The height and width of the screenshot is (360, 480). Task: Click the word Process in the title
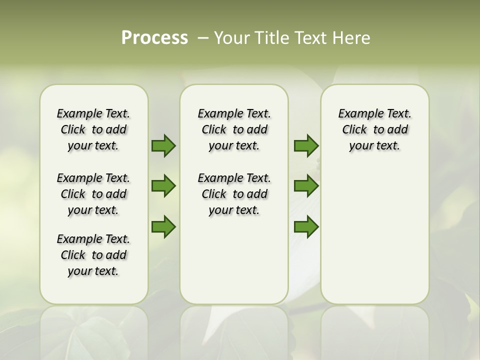coord(154,37)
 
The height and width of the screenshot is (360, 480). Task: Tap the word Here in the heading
coord(351,37)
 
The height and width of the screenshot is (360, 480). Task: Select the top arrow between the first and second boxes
coord(163,146)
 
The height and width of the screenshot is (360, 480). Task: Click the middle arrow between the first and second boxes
coord(163,186)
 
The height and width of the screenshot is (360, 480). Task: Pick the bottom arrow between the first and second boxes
coord(163,226)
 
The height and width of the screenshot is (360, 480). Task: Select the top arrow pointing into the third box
coord(306,146)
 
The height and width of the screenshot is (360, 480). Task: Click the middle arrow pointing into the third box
coord(306,186)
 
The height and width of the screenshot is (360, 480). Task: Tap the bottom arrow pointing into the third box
coord(306,226)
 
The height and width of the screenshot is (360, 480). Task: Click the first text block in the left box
coord(93,129)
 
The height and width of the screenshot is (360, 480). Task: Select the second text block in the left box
coord(93,194)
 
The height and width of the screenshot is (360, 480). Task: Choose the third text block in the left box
coord(93,255)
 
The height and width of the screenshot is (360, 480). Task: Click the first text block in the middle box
coord(234,129)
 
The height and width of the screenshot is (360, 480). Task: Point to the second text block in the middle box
coord(234,194)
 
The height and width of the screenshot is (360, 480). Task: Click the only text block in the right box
coord(374,129)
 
